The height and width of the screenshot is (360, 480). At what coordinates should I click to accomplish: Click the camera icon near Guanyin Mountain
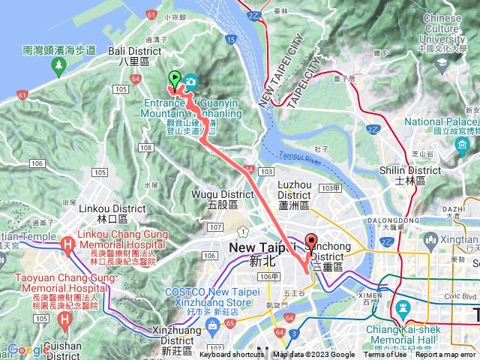click(191, 81)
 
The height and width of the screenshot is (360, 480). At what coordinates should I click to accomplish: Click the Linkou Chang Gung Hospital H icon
click(67, 244)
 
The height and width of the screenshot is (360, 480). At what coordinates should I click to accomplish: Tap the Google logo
click(28, 349)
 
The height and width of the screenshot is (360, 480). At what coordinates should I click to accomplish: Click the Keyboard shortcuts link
click(232, 355)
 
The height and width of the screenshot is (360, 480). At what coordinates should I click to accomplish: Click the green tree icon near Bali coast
click(58, 67)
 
